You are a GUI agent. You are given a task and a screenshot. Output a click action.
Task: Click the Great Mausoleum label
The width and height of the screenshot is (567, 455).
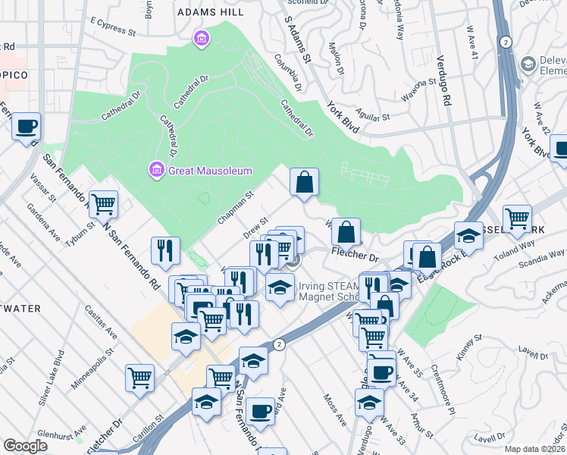pos(209,171)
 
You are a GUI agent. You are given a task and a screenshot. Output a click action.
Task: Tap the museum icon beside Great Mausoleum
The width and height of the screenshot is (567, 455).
pos(157,170)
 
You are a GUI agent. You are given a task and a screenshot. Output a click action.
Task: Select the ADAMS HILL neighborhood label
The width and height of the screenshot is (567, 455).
pos(210,12)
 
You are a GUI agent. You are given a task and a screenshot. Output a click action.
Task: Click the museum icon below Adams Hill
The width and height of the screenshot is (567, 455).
pos(201,37)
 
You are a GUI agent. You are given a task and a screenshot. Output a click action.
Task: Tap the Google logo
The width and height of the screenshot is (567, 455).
pos(25,446)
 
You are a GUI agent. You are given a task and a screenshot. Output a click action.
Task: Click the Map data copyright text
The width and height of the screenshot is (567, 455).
pos(534,449)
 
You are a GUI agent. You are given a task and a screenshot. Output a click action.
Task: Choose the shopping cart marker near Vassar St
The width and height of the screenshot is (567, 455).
pos(103,203)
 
